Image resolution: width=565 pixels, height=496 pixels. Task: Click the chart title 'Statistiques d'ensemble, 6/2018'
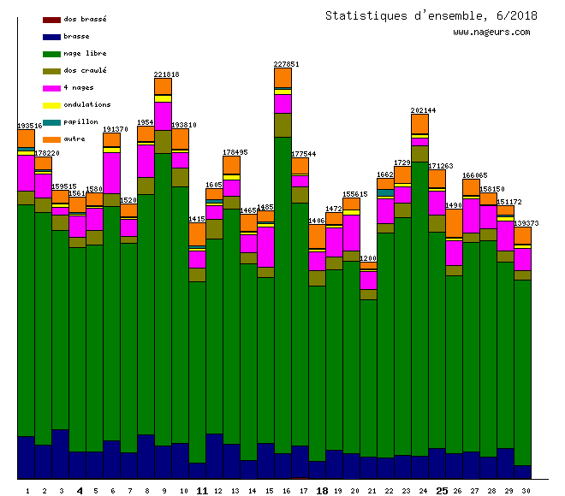pyautogui.click(x=427, y=15)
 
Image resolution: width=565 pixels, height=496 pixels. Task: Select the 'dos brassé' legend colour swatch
pyautogui.click(x=51, y=19)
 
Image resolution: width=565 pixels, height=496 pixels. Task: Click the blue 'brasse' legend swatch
pyautogui.click(x=51, y=36)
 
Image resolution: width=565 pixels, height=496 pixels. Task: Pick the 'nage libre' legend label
pyautogui.click(x=85, y=53)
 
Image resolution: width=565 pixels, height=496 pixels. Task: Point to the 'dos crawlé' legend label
pyautogui.click(x=85, y=70)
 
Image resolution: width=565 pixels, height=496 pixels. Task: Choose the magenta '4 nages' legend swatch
pyautogui.click(x=51, y=87)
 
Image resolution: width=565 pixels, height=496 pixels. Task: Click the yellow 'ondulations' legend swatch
pyautogui.click(x=51, y=104)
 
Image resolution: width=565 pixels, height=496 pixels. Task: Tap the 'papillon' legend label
pyautogui.click(x=80, y=121)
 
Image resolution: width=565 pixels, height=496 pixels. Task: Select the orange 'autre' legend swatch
pyautogui.click(x=51, y=139)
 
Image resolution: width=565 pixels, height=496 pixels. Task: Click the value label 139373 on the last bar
pyautogui.click(x=526, y=223)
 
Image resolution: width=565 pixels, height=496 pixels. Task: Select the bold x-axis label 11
pyautogui.click(x=202, y=491)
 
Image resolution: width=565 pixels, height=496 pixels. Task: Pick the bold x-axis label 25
pyautogui.click(x=442, y=491)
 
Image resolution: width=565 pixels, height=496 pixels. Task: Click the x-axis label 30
pyautogui.click(x=522, y=491)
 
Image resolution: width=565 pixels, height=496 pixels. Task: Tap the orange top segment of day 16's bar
pyautogui.click(x=282, y=77)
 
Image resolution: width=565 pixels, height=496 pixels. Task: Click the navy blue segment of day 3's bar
pyautogui.click(x=60, y=453)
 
